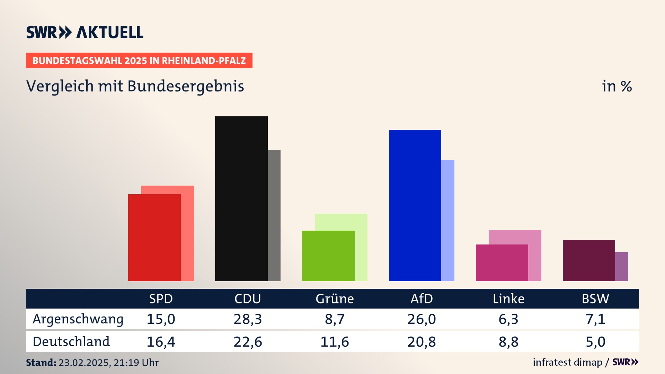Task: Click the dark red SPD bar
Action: [x=154, y=238]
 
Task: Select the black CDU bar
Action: [x=241, y=198]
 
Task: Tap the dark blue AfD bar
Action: [x=415, y=205]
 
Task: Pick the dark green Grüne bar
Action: [x=328, y=256]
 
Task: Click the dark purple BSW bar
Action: [x=589, y=260]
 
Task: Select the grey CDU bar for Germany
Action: [x=274, y=215]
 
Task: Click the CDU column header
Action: [x=248, y=299]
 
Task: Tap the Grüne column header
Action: [x=335, y=299]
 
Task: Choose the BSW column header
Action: [x=595, y=299]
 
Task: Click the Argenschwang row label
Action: [x=78, y=319]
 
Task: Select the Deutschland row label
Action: [x=71, y=342]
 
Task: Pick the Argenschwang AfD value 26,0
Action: [x=422, y=319]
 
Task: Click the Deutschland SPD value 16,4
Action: [x=161, y=342]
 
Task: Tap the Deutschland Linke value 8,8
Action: [x=508, y=342]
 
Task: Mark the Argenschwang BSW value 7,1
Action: [x=595, y=319]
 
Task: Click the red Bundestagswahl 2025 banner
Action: [x=139, y=61]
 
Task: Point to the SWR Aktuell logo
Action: [x=85, y=32]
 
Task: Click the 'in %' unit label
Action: [x=617, y=86]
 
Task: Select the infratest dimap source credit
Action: [x=567, y=362]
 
